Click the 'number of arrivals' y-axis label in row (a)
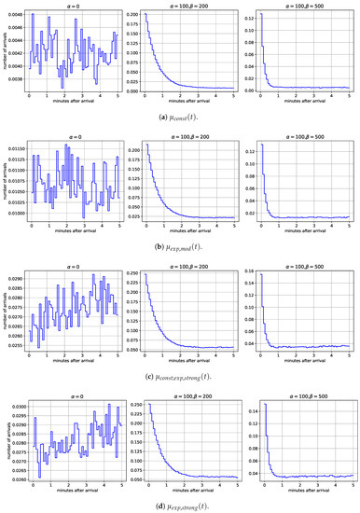coord(4,51)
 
